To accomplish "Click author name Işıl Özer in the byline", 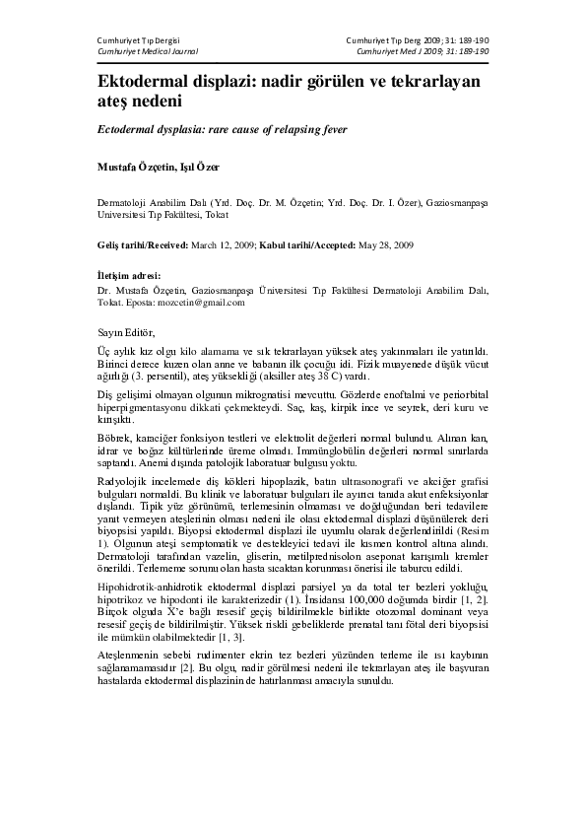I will (200, 168).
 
